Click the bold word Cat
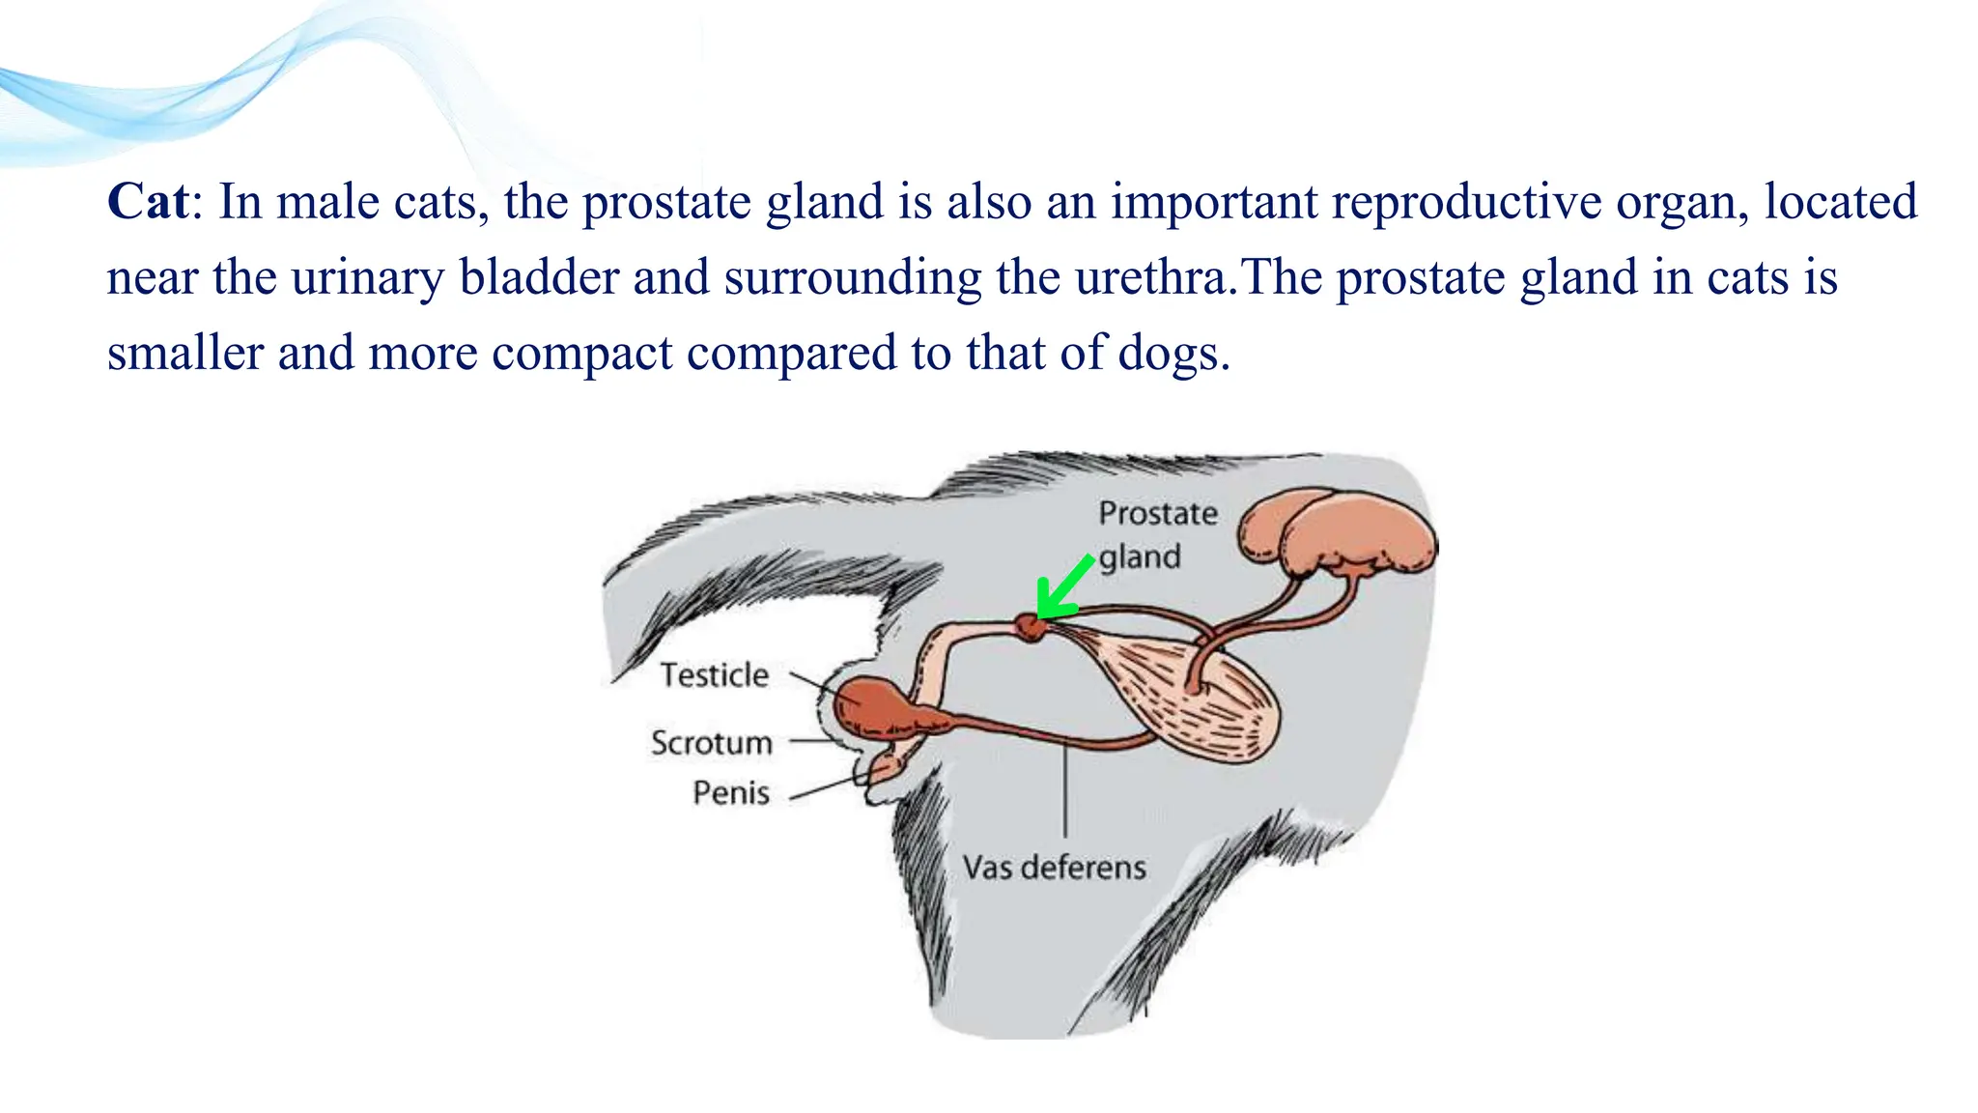click(x=148, y=202)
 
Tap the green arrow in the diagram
click(x=1063, y=588)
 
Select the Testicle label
click(x=714, y=674)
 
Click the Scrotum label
click(x=712, y=742)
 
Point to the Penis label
click(x=731, y=793)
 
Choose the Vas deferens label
click(x=1054, y=867)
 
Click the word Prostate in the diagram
click(x=1157, y=513)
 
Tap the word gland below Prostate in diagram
click(x=1140, y=557)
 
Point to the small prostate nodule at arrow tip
click(x=1031, y=628)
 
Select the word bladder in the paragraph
click(x=538, y=277)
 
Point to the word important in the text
click(x=1213, y=202)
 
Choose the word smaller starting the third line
click(x=184, y=353)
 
